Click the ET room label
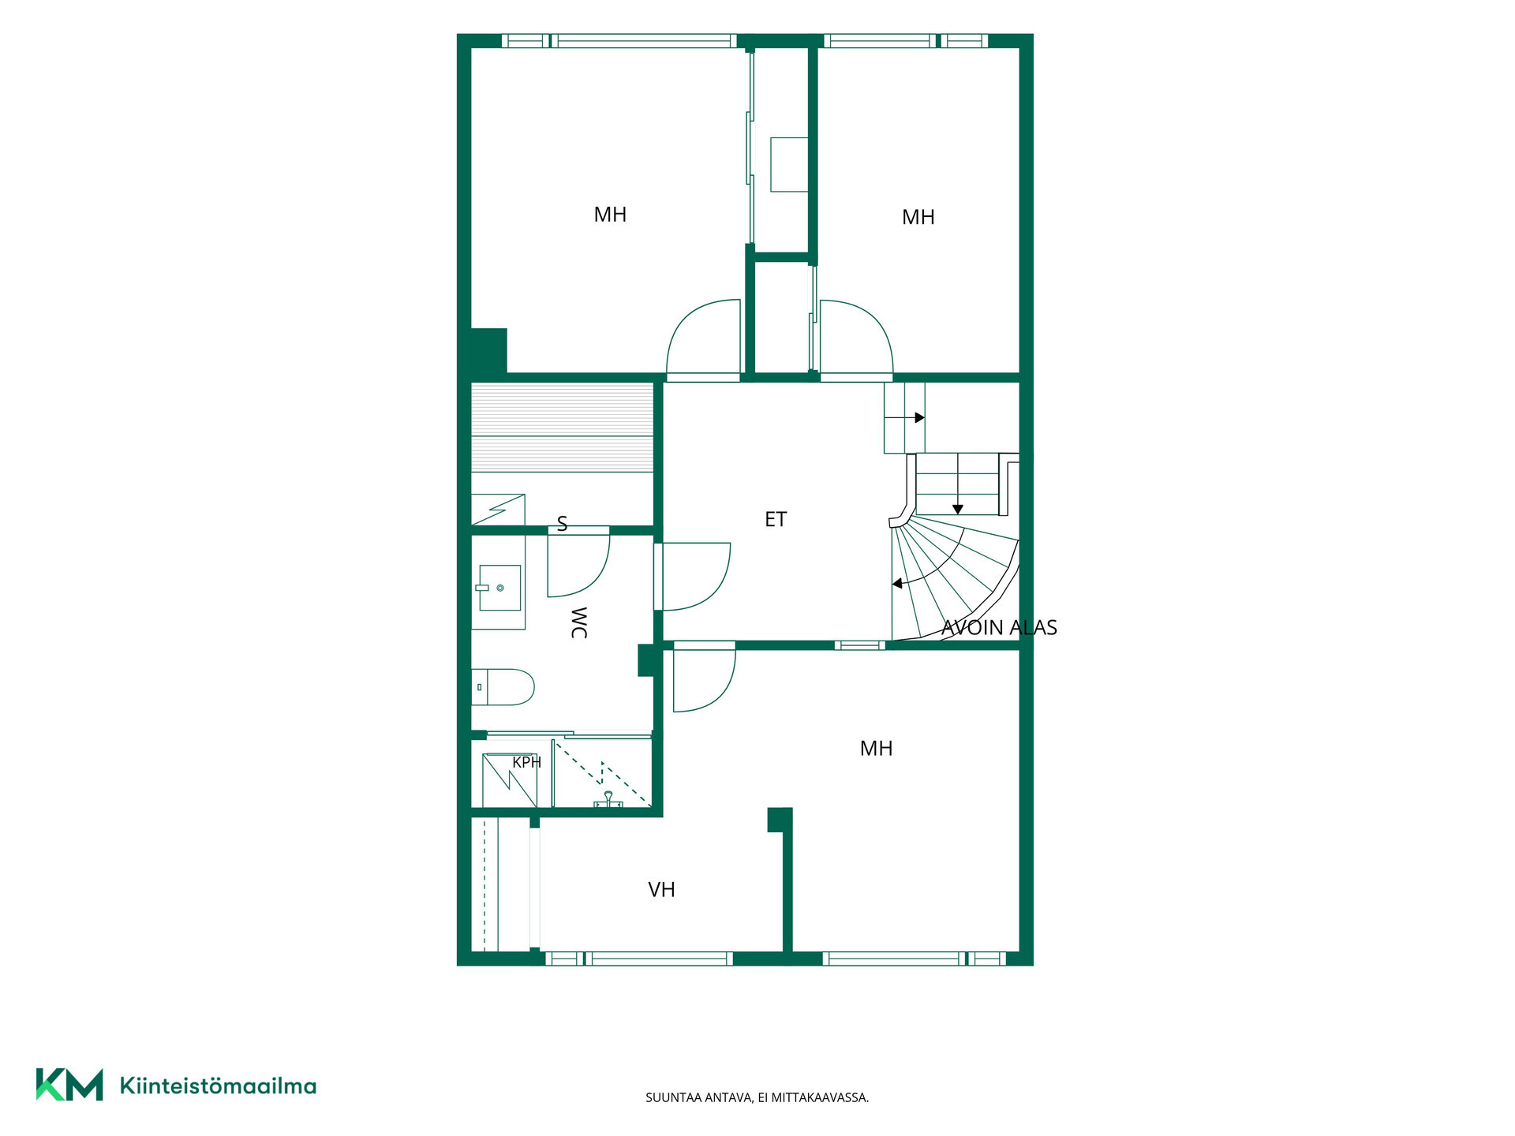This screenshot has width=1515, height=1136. pos(776,519)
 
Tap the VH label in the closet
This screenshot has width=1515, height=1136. pos(661,890)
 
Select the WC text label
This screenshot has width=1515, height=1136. pos(578,622)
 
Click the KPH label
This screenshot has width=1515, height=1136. pos(526,763)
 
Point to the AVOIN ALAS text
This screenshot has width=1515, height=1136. pos(999,627)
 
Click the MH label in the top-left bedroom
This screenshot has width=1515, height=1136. pos(610,215)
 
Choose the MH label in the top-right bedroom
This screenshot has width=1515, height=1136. pos(918,217)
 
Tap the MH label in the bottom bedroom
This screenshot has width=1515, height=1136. pos(876,749)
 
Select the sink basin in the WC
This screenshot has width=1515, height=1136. pos(499,588)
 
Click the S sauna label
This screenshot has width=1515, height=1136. pos(562,524)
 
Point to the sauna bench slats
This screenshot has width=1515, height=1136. pos(563,428)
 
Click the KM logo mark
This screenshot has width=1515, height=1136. pos(69,1084)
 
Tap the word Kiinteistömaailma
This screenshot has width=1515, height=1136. pos(218,1086)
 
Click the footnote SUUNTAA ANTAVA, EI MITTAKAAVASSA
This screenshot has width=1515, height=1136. pos(757,1097)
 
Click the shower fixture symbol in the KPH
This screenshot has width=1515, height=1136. pos(608,800)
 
